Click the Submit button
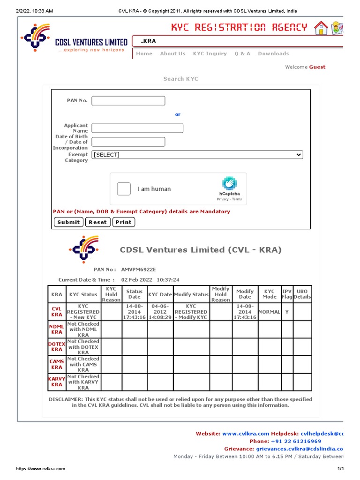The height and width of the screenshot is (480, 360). tap(68, 222)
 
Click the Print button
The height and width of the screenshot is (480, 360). tap(124, 222)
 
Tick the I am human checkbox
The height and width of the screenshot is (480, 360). tap(124, 189)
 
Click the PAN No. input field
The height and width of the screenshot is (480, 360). tap(128, 101)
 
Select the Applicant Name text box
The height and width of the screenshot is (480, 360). tap(137, 128)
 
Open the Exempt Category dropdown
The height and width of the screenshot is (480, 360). tap(197, 155)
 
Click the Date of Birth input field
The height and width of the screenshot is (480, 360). tap(128, 142)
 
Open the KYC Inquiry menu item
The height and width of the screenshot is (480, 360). tap(210, 54)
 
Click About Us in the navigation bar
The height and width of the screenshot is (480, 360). tap(172, 54)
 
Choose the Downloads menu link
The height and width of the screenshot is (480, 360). tap(273, 54)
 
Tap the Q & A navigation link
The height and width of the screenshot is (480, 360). tap(242, 54)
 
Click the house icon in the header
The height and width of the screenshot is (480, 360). tap(321, 28)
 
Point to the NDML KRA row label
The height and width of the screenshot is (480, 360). tap(57, 329)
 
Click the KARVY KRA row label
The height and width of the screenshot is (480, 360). tap(57, 382)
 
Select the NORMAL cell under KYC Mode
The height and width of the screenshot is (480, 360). tap(269, 312)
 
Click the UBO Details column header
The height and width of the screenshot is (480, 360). tap(302, 294)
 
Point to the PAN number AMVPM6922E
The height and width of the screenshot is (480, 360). tap(138, 270)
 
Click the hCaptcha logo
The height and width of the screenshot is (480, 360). tap(229, 184)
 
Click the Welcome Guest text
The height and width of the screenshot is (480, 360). tap(305, 67)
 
